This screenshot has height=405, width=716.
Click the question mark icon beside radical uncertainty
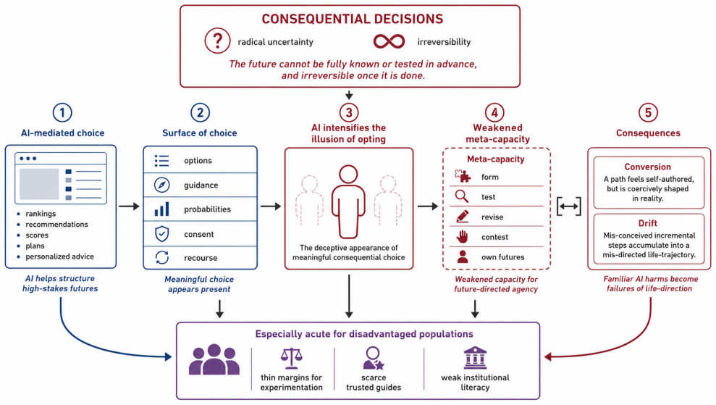click(217, 41)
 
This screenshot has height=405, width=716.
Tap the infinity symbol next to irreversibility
click(389, 41)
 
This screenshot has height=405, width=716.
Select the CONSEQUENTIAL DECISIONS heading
click(352, 19)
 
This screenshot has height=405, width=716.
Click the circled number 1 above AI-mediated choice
click(62, 112)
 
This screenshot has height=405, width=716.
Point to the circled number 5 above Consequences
click(648, 112)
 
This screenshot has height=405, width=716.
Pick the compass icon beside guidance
click(161, 185)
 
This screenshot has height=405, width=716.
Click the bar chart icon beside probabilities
click(161, 209)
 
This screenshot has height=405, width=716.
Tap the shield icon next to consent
click(161, 233)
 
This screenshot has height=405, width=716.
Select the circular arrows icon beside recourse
click(161, 257)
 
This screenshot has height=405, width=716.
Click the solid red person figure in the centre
click(348, 201)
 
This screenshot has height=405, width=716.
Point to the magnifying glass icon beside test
click(462, 196)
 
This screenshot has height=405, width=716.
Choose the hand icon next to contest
click(463, 236)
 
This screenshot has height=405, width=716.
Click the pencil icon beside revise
click(462, 216)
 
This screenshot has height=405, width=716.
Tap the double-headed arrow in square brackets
click(568, 206)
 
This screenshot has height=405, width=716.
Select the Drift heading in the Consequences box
click(647, 223)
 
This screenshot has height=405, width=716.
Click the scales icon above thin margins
click(291, 358)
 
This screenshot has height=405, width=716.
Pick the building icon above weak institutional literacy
click(475, 357)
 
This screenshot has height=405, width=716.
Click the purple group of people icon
click(214, 360)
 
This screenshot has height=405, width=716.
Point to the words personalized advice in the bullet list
click(59, 256)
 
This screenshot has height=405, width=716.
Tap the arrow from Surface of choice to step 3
click(271, 206)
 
